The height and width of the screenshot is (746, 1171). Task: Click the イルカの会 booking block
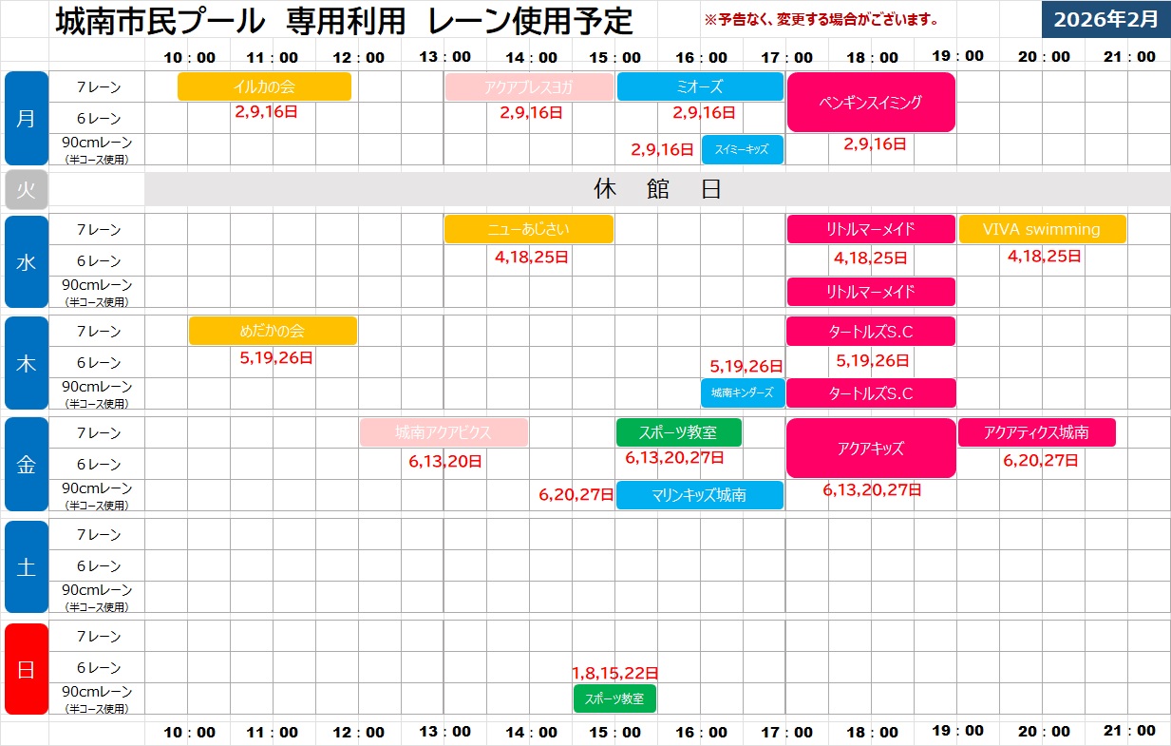pyautogui.click(x=264, y=86)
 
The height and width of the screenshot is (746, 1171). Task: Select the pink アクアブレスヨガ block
pyautogui.click(x=529, y=87)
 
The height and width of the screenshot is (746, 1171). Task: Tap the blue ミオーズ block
pyautogui.click(x=700, y=86)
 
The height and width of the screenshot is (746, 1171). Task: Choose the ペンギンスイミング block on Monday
pyautogui.click(x=870, y=103)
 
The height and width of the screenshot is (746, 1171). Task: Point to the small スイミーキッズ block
pyautogui.click(x=743, y=150)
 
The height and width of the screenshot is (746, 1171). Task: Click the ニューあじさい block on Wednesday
pyautogui.click(x=529, y=229)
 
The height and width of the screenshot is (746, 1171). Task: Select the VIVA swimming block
pyautogui.click(x=1042, y=229)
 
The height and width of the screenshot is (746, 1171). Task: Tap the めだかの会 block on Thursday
pyautogui.click(x=273, y=331)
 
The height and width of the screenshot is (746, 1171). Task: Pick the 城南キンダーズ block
pyautogui.click(x=743, y=392)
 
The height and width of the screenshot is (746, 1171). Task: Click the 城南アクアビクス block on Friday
pyautogui.click(x=444, y=432)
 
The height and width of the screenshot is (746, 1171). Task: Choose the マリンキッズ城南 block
pyautogui.click(x=700, y=495)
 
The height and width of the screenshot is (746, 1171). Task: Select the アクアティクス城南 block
pyautogui.click(x=1036, y=432)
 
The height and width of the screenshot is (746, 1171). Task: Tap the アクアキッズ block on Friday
pyautogui.click(x=871, y=449)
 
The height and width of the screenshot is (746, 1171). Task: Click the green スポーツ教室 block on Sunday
pyautogui.click(x=614, y=698)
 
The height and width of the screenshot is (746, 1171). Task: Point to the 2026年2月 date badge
pyautogui.click(x=1105, y=20)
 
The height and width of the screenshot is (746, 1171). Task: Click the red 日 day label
pyautogui.click(x=26, y=668)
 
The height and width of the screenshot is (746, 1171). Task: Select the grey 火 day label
pyautogui.click(x=26, y=189)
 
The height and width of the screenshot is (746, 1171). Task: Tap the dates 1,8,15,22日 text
pyautogui.click(x=615, y=673)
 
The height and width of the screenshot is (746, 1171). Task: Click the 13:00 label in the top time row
pyautogui.click(x=444, y=56)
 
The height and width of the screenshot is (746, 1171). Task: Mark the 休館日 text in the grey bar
pyautogui.click(x=657, y=189)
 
